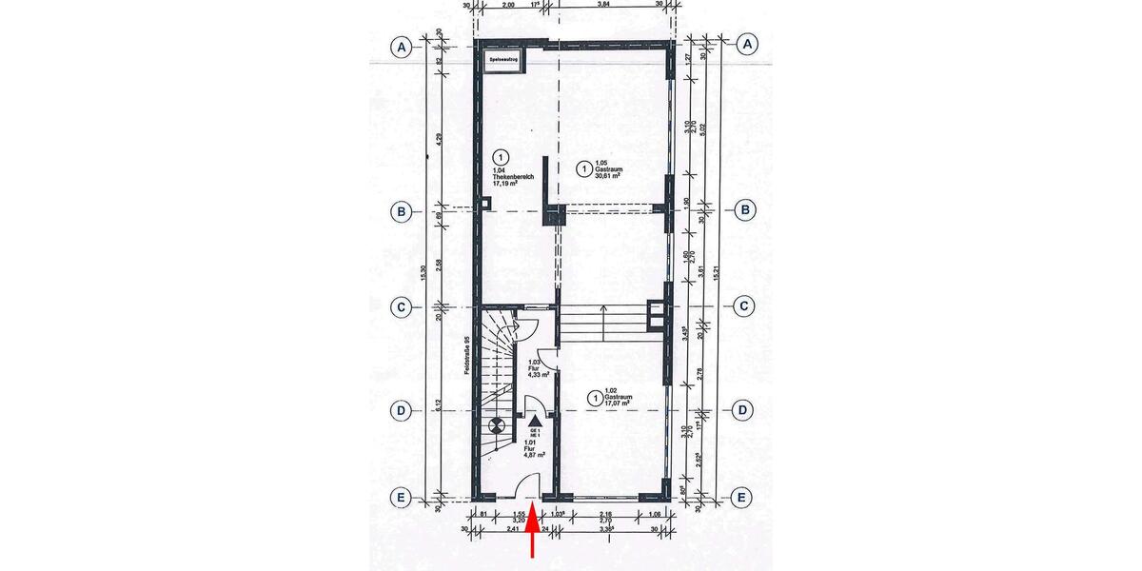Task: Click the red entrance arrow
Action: tap(533, 533)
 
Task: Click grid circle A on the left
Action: tap(404, 46)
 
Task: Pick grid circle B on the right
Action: tap(747, 209)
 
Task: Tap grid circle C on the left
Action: tap(404, 306)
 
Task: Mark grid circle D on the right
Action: tap(747, 410)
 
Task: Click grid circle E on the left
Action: tap(404, 496)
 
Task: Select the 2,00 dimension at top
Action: tap(508, 4)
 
